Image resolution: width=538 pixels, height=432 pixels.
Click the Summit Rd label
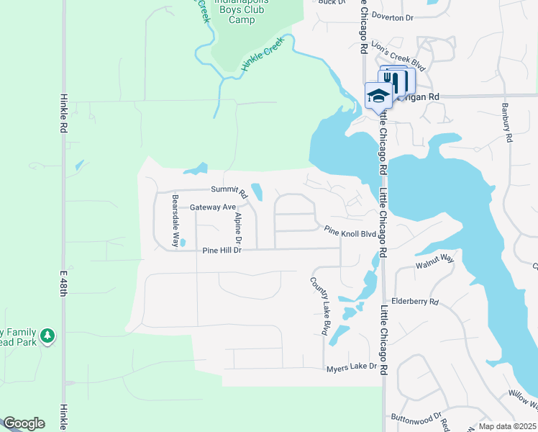point(229,191)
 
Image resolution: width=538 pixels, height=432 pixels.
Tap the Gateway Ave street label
point(213,207)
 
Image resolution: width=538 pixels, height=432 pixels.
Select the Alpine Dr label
point(238,230)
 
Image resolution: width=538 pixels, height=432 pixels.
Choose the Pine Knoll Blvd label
point(350,233)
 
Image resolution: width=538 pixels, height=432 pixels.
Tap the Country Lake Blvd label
point(319,306)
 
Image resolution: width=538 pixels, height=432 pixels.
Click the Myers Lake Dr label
point(352,367)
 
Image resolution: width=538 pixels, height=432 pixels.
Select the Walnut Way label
point(434,260)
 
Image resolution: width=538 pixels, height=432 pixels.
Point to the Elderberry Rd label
point(414,302)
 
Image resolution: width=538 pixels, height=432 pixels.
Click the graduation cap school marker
point(378,95)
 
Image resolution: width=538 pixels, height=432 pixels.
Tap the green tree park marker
point(47,336)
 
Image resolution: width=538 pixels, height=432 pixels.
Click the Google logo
point(24,423)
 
